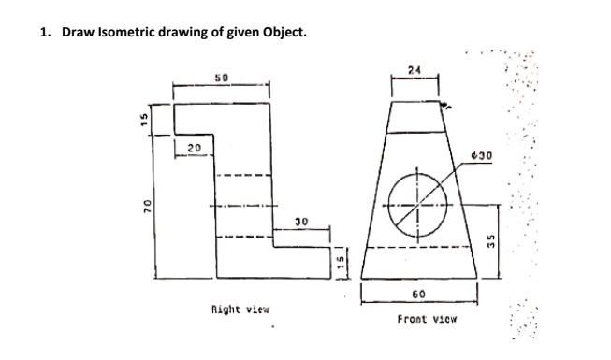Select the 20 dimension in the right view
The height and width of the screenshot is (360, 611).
point(193,147)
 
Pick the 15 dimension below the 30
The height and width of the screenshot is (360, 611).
point(342,259)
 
